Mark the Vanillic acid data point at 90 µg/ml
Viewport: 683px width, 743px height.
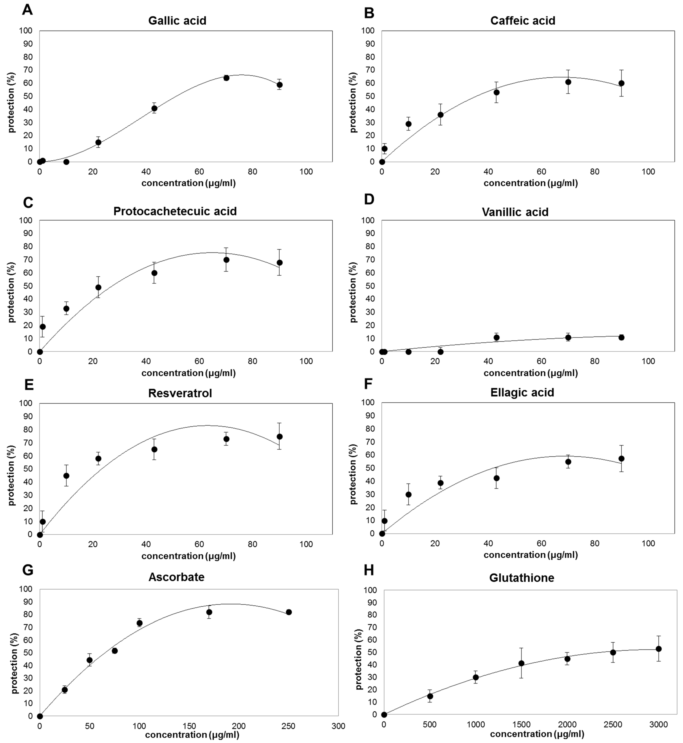621,337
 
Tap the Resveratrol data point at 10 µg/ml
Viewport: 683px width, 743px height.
66,476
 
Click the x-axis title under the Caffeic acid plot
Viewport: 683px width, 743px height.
530,183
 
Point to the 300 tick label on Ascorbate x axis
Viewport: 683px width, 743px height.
338,726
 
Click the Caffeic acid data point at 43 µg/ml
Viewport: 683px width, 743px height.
496,92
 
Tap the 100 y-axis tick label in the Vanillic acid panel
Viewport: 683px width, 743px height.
370,220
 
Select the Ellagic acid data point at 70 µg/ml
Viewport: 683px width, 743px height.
568,462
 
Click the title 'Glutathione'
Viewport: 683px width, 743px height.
521,578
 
